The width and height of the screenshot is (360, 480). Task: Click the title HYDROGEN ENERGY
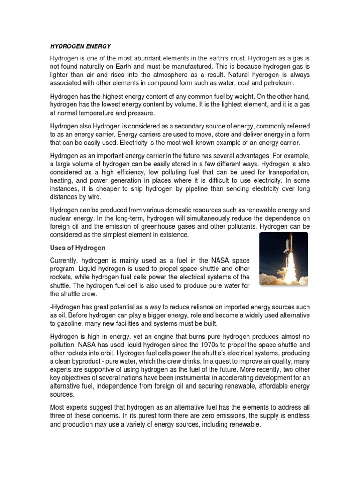(x=80, y=46)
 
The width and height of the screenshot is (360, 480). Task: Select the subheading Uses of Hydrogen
(x=78, y=247)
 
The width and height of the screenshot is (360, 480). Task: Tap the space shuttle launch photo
(x=284, y=258)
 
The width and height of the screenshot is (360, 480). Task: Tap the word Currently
(x=64, y=260)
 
